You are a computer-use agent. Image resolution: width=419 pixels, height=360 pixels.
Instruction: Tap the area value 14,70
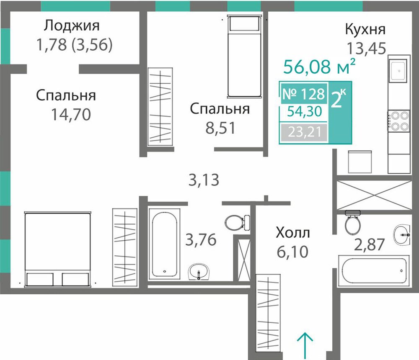pos(71,115)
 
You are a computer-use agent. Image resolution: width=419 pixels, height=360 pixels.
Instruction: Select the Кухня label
pos(365,29)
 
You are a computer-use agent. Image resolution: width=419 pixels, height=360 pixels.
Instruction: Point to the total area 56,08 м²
pos(319,66)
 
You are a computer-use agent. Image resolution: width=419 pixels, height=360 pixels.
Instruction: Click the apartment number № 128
pos(303,94)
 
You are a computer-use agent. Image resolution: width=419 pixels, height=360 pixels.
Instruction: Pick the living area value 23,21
pos(305,132)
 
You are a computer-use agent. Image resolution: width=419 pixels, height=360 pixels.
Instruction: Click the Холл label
pos(293,233)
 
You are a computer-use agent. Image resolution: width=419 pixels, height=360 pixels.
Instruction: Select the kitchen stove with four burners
pos(399,121)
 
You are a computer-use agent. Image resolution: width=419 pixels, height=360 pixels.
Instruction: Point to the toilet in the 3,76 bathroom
pos(237,222)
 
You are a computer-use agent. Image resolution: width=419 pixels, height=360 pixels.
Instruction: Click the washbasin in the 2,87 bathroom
pos(402,235)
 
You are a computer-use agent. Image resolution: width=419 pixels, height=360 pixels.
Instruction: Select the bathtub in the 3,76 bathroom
pos(164,244)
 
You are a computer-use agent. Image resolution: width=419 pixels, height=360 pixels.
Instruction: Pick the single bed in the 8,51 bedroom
pos(244,57)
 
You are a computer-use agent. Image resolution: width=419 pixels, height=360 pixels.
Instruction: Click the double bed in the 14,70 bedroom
pos(58,249)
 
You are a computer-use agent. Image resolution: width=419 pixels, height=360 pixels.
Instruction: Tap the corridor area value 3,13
pos(204,180)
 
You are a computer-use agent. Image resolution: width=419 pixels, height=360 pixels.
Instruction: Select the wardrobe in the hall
pos(268,312)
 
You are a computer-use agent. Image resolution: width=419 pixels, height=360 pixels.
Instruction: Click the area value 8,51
pos(221,128)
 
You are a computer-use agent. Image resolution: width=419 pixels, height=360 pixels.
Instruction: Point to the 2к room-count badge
pos(338,99)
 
